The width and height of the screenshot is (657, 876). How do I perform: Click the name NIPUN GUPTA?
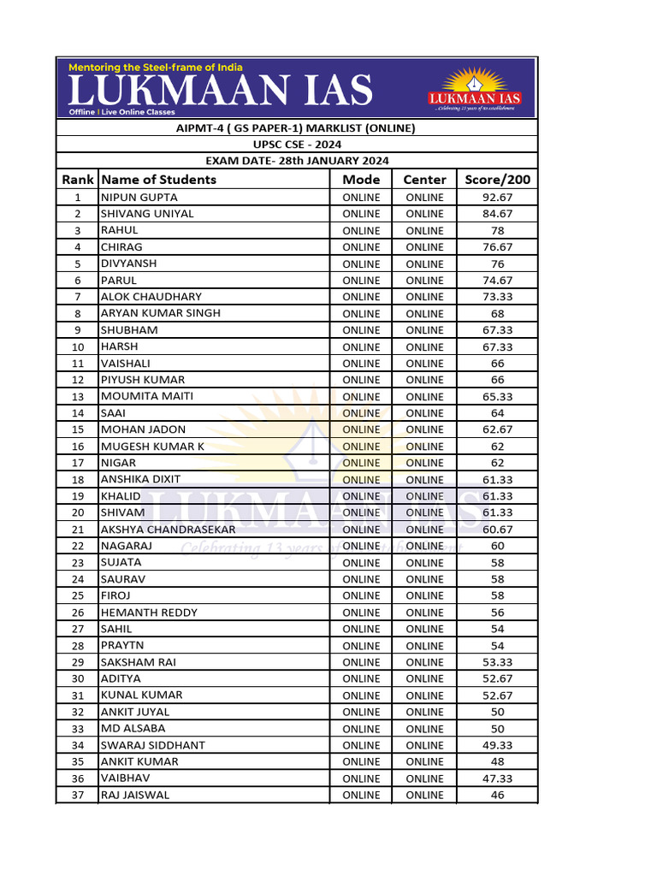tap(139, 198)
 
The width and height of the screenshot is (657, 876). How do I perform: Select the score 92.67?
tap(497, 198)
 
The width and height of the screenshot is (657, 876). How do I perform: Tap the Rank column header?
tap(77, 180)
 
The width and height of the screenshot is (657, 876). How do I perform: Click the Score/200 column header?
tap(497, 180)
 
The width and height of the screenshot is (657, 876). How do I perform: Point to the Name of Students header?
tap(159, 180)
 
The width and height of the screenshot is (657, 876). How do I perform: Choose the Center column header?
tap(424, 180)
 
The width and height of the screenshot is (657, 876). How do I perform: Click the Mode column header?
tap(361, 180)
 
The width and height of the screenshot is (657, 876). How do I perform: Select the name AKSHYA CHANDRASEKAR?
tap(168, 530)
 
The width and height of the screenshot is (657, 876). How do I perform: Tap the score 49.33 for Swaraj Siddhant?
tap(497, 745)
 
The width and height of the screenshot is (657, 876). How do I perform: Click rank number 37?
tap(78, 795)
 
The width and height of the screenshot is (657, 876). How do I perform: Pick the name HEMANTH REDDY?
tap(149, 613)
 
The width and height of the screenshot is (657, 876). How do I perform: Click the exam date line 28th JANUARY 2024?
tap(297, 161)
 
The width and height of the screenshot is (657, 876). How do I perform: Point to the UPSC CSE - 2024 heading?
tap(297, 145)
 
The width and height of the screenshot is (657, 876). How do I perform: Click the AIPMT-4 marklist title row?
tap(297, 128)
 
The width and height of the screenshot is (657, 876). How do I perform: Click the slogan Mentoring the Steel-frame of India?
tap(155, 67)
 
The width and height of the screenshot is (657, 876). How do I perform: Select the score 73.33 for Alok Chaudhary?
tap(497, 297)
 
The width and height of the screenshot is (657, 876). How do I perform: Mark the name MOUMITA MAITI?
tap(147, 397)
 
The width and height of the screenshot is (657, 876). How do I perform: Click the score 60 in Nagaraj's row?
tap(497, 546)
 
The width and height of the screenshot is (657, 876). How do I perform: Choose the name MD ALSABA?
tap(133, 729)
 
